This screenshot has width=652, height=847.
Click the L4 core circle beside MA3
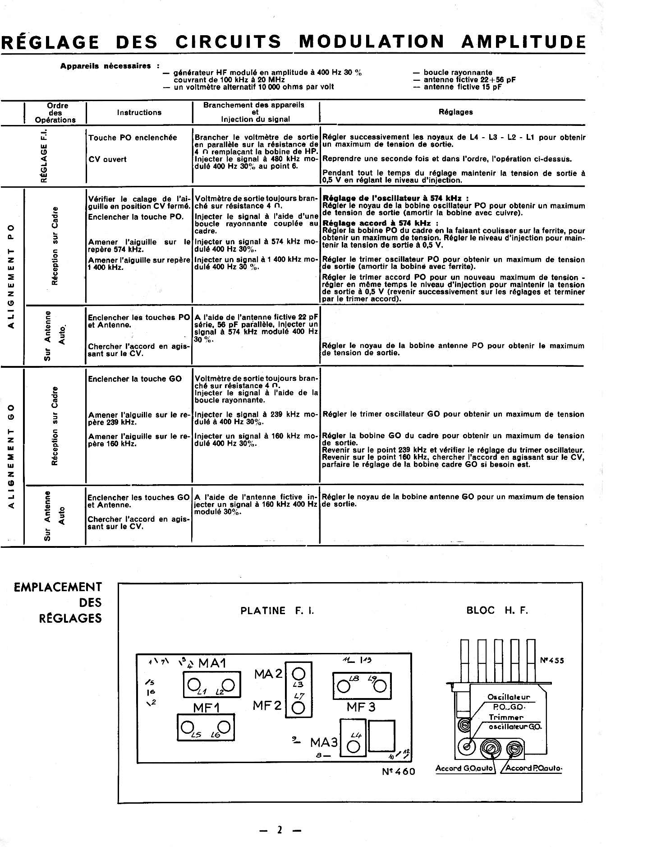(354, 747)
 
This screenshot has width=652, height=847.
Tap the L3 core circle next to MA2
(298, 674)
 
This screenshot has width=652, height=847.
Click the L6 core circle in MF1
(224, 727)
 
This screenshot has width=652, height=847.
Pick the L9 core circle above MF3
(380, 686)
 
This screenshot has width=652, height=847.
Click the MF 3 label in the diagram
(361, 707)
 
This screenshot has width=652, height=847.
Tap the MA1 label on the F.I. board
(212, 663)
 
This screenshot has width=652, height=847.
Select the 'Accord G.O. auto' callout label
(464, 768)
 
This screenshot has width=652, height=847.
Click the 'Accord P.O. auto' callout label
(534, 768)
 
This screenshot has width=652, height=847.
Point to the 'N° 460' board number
(398, 772)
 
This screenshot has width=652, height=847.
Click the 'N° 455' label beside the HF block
(552, 661)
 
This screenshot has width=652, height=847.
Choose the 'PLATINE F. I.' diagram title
(277, 611)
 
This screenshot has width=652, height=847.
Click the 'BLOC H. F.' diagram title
(497, 611)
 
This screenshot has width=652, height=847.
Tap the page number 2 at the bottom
(280, 829)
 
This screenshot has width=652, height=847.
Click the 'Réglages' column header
(455, 112)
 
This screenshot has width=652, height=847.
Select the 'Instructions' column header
(139, 112)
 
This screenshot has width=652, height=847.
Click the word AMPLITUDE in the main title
(523, 42)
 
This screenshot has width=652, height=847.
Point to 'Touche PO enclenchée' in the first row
(133, 138)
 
